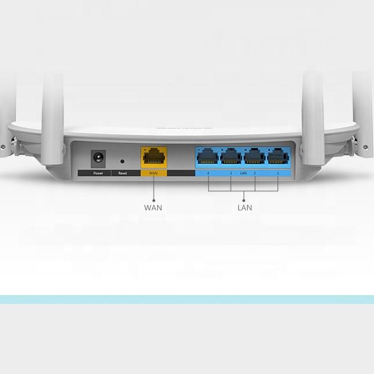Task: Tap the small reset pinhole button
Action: [x=122, y=160]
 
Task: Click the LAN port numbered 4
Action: [x=208, y=156]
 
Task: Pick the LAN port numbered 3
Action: [x=231, y=156]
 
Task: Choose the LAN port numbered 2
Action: [x=255, y=156]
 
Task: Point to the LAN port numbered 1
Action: [x=278, y=156]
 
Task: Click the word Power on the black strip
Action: [x=98, y=174]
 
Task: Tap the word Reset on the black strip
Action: [x=122, y=174]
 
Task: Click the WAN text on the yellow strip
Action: [x=154, y=174]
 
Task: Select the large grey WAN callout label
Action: [x=153, y=207]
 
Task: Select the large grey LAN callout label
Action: [x=244, y=207]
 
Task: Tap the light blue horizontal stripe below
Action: [x=187, y=299]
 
